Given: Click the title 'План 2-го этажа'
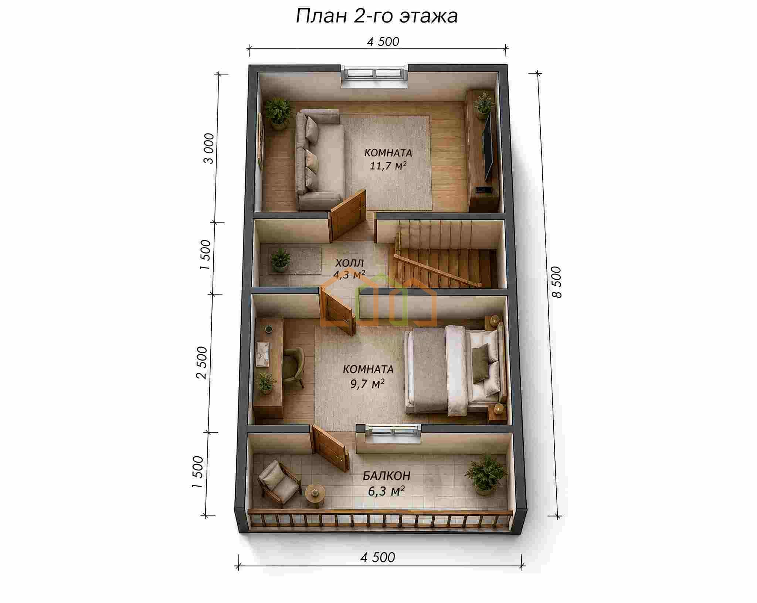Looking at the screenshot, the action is pyautogui.click(x=377, y=16).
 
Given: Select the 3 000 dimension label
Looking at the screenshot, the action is pyautogui.click(x=209, y=148).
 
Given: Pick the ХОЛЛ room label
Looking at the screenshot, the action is pyautogui.click(x=349, y=263).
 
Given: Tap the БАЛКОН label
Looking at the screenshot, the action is pyautogui.click(x=387, y=476).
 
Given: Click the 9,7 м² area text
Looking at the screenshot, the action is pyautogui.click(x=367, y=384).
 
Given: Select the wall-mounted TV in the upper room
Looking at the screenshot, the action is pyautogui.click(x=488, y=146).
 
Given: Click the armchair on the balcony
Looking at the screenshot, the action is pyautogui.click(x=278, y=483).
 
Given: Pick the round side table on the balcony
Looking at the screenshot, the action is pyautogui.click(x=315, y=494).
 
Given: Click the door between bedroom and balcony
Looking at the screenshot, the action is pyautogui.click(x=330, y=447).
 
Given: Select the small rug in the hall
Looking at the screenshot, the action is pyautogui.click(x=295, y=261).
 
